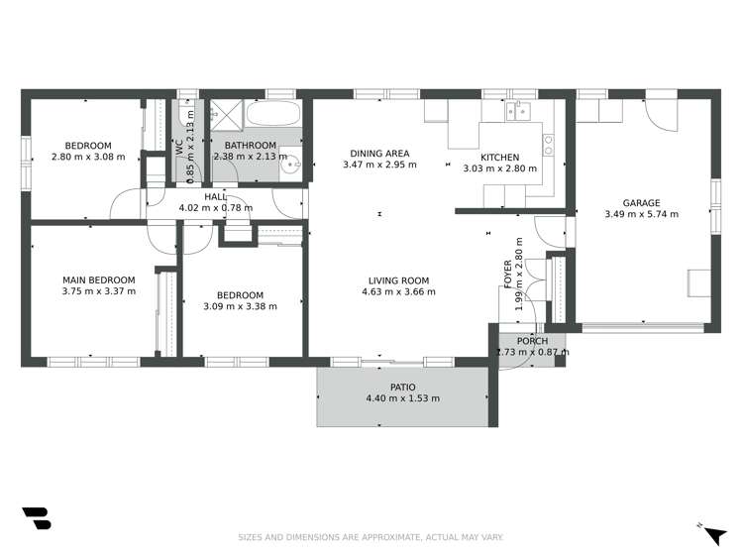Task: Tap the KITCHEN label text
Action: (x=499, y=157)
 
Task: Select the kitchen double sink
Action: (x=518, y=112)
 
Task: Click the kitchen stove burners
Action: (x=548, y=145)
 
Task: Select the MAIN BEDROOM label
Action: (x=98, y=279)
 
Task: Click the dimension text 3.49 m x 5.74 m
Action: (x=641, y=213)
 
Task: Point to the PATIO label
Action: (x=402, y=387)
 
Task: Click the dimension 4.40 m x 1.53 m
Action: (x=402, y=398)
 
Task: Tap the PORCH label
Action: (x=532, y=341)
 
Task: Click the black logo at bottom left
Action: (x=36, y=518)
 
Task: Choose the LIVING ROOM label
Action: (x=398, y=280)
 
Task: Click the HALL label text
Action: (x=215, y=196)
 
